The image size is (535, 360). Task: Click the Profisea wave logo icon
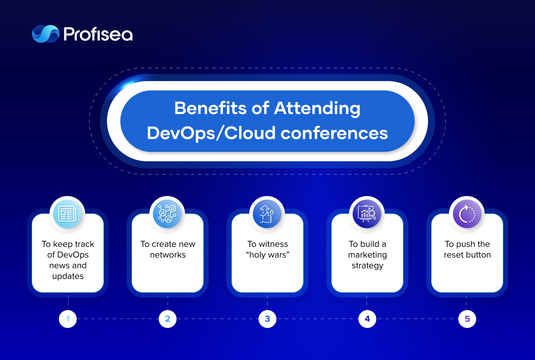[45, 34]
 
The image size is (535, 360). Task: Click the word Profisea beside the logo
[98, 34]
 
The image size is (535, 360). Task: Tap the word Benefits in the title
[210, 108]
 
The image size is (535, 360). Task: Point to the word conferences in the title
[334, 133]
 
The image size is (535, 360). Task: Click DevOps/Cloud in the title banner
[211, 134]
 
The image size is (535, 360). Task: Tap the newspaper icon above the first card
[68, 214]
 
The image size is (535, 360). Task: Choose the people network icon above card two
[168, 214]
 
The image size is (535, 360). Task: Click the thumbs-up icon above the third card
[267, 214]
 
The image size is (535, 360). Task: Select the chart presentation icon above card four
[367, 214]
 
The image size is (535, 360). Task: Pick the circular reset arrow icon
[467, 214]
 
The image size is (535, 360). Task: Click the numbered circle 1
[68, 319]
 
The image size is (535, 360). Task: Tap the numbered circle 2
[168, 319]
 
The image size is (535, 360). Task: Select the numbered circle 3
[267, 319]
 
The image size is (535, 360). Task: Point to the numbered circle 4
[367, 319]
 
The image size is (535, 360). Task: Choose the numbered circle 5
[467, 319]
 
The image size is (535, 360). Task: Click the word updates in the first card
[68, 276]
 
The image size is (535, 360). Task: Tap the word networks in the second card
[168, 255]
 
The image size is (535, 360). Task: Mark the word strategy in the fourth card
[367, 266]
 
